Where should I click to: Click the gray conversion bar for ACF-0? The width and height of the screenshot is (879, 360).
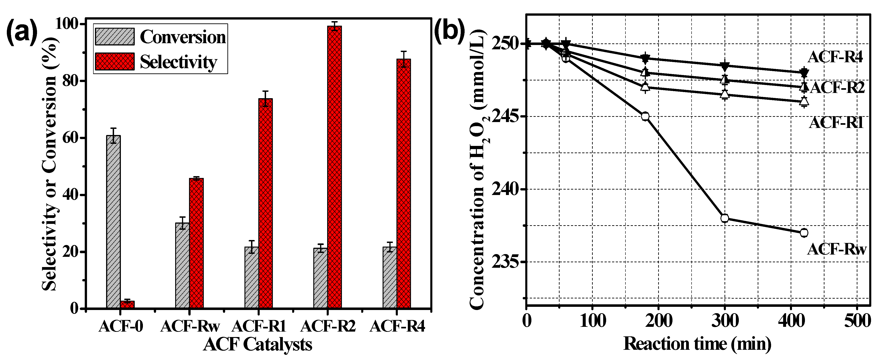[113, 222]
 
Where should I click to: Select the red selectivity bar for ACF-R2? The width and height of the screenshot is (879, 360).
[334, 167]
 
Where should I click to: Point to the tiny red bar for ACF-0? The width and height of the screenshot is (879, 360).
[127, 304]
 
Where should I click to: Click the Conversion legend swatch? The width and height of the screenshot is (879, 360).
[115, 37]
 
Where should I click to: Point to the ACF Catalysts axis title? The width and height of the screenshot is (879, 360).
[258, 344]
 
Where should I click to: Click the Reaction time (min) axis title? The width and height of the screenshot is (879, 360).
[697, 344]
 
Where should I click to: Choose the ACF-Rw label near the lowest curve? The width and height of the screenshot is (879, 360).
[836, 250]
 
